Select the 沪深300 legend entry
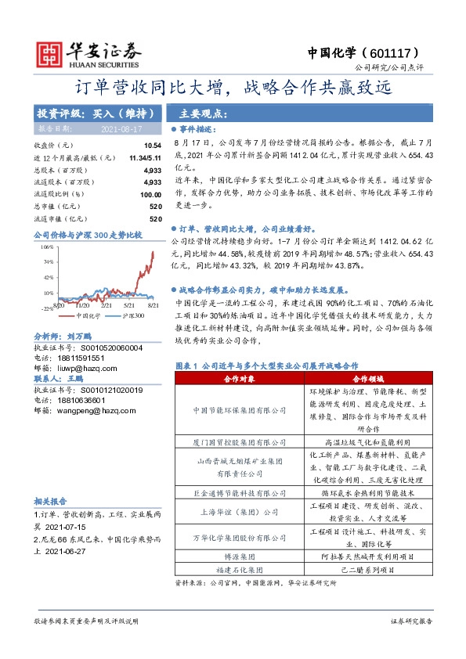pyautogui.click(x=132, y=315)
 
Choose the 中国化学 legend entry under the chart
pyautogui.click(x=86, y=315)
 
